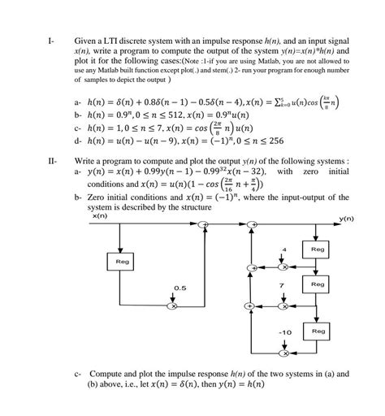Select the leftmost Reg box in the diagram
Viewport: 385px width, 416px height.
(x=119, y=262)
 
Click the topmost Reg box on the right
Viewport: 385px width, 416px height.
(x=318, y=248)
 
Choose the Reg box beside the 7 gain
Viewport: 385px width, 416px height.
(x=318, y=286)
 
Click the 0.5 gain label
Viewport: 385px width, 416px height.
(x=177, y=288)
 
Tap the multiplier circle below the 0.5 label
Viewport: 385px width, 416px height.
(x=172, y=306)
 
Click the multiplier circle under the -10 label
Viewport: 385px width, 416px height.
(x=283, y=354)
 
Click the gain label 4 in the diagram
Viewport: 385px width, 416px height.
(x=283, y=249)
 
